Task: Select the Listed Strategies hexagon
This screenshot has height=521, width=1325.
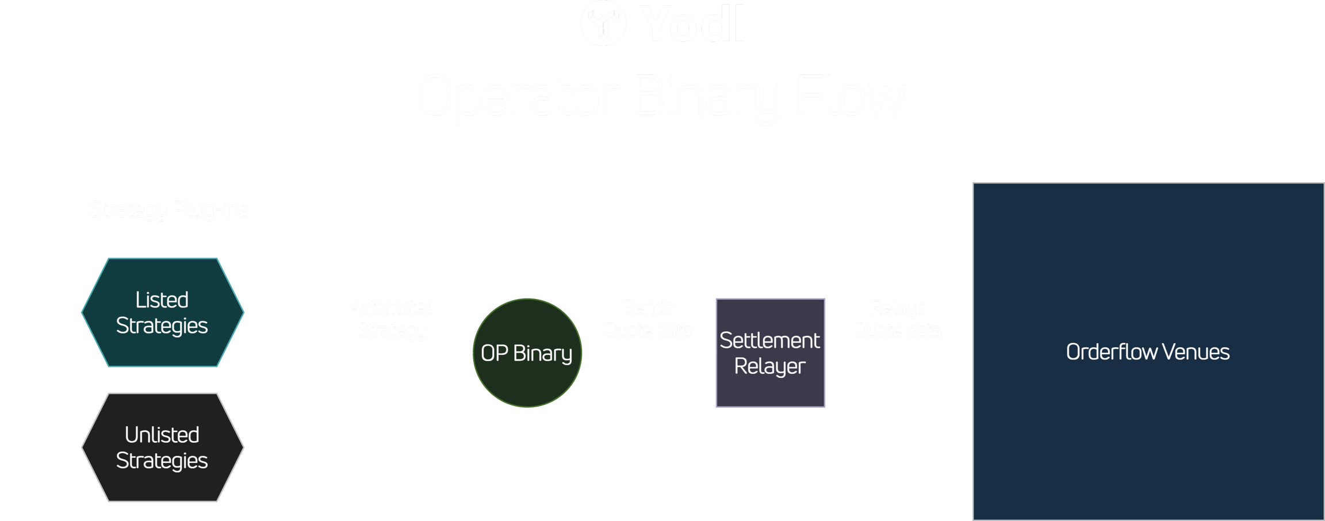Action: point(163,312)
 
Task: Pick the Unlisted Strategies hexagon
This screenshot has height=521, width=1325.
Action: point(163,447)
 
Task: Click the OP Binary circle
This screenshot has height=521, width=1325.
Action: point(527,353)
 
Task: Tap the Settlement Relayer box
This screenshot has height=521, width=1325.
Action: point(770,353)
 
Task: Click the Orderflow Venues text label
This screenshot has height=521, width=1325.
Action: point(1148,352)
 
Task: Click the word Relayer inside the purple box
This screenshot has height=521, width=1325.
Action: point(769,366)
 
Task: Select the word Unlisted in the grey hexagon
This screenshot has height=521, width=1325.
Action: point(162,435)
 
